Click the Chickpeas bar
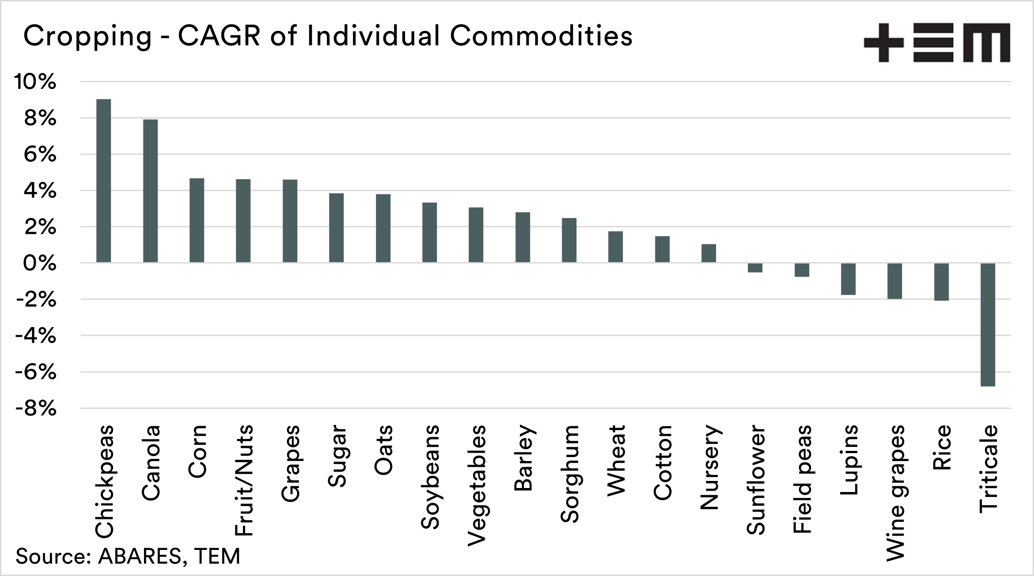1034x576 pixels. pos(104,181)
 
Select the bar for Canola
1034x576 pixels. pos(150,191)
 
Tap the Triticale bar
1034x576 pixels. pos(988,325)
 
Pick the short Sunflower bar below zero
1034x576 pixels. pos(755,268)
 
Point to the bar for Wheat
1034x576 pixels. pos(615,247)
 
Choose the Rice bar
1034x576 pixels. pos(941,282)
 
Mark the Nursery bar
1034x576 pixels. pos(708,253)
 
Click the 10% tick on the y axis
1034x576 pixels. pos(36,82)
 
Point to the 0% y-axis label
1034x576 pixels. pos(40,263)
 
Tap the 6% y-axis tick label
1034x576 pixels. pos(40,155)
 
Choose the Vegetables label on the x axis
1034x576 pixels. pos(476,485)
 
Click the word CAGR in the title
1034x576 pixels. pos(219,36)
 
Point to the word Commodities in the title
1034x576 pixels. pos(541,36)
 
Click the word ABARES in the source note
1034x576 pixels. pos(140,556)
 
